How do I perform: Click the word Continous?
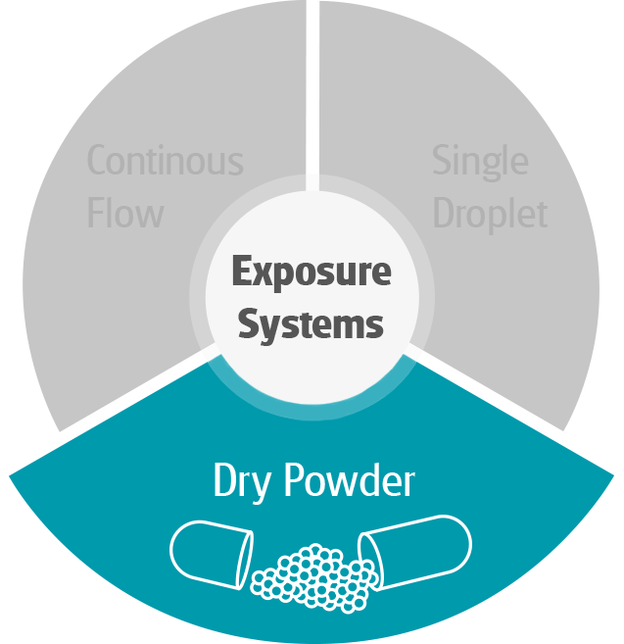165,161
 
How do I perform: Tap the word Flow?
124,212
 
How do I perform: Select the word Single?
480,161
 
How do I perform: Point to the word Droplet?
490,214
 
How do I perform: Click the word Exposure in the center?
312,272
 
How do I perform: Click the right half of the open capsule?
416,554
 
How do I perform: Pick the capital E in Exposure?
241,272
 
